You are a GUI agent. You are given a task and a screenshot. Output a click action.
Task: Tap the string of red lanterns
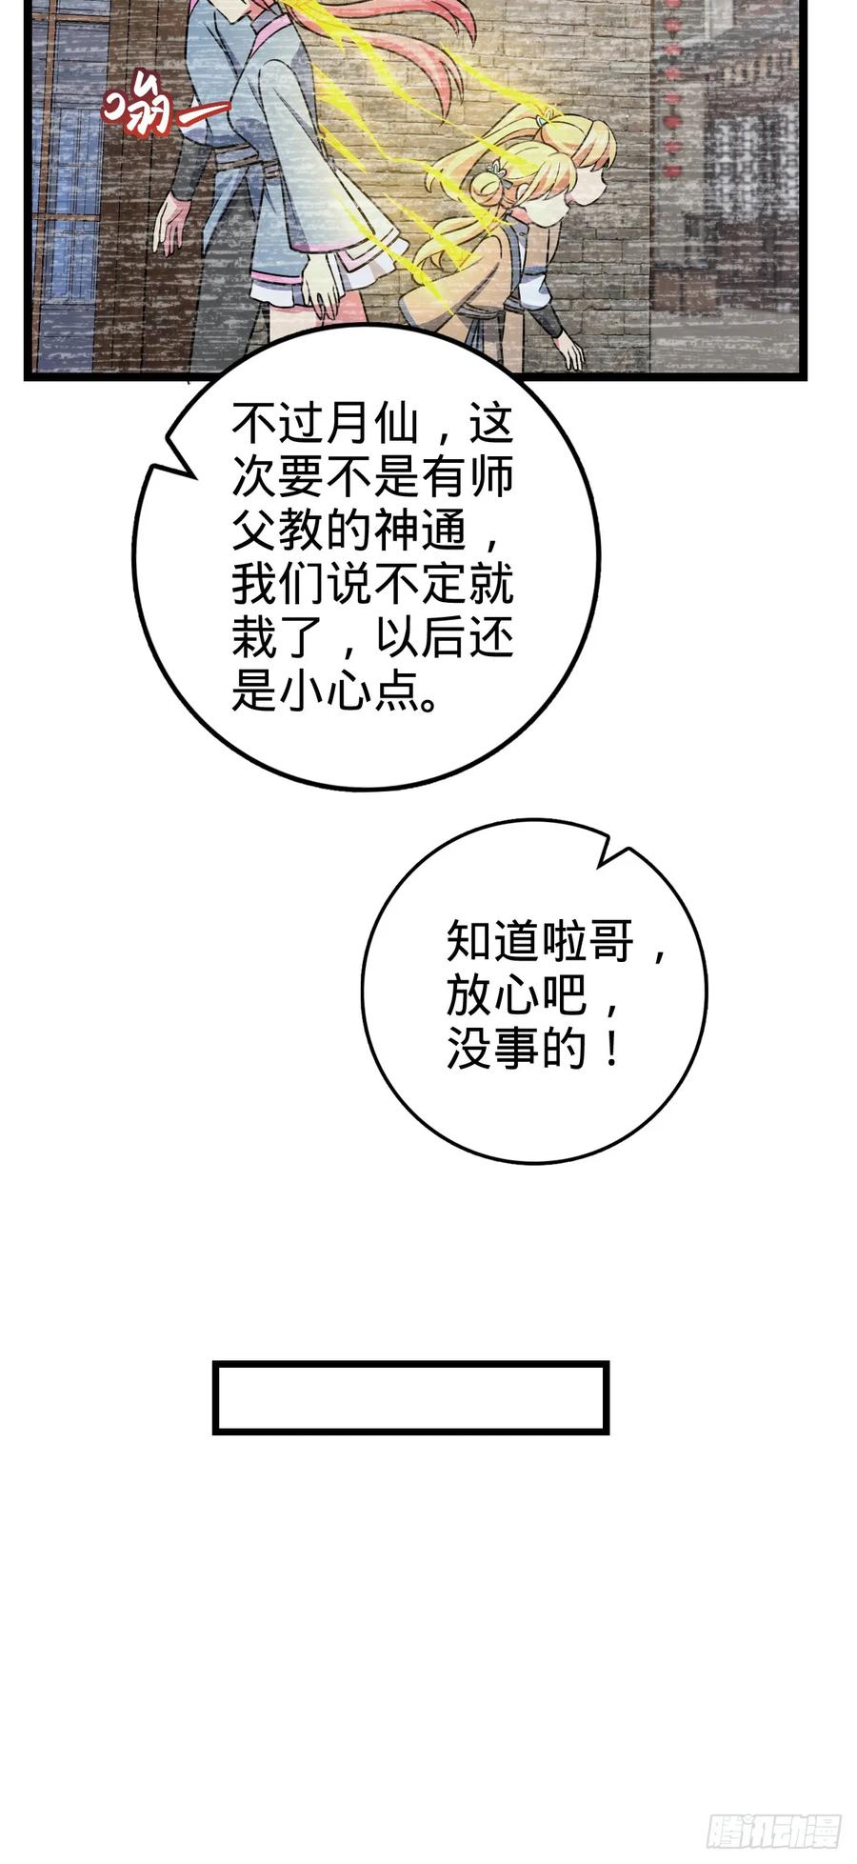(672, 86)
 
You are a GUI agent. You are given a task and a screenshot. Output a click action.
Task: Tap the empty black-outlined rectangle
(410, 1397)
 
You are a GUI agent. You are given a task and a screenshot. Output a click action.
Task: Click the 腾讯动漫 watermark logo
(773, 1831)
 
